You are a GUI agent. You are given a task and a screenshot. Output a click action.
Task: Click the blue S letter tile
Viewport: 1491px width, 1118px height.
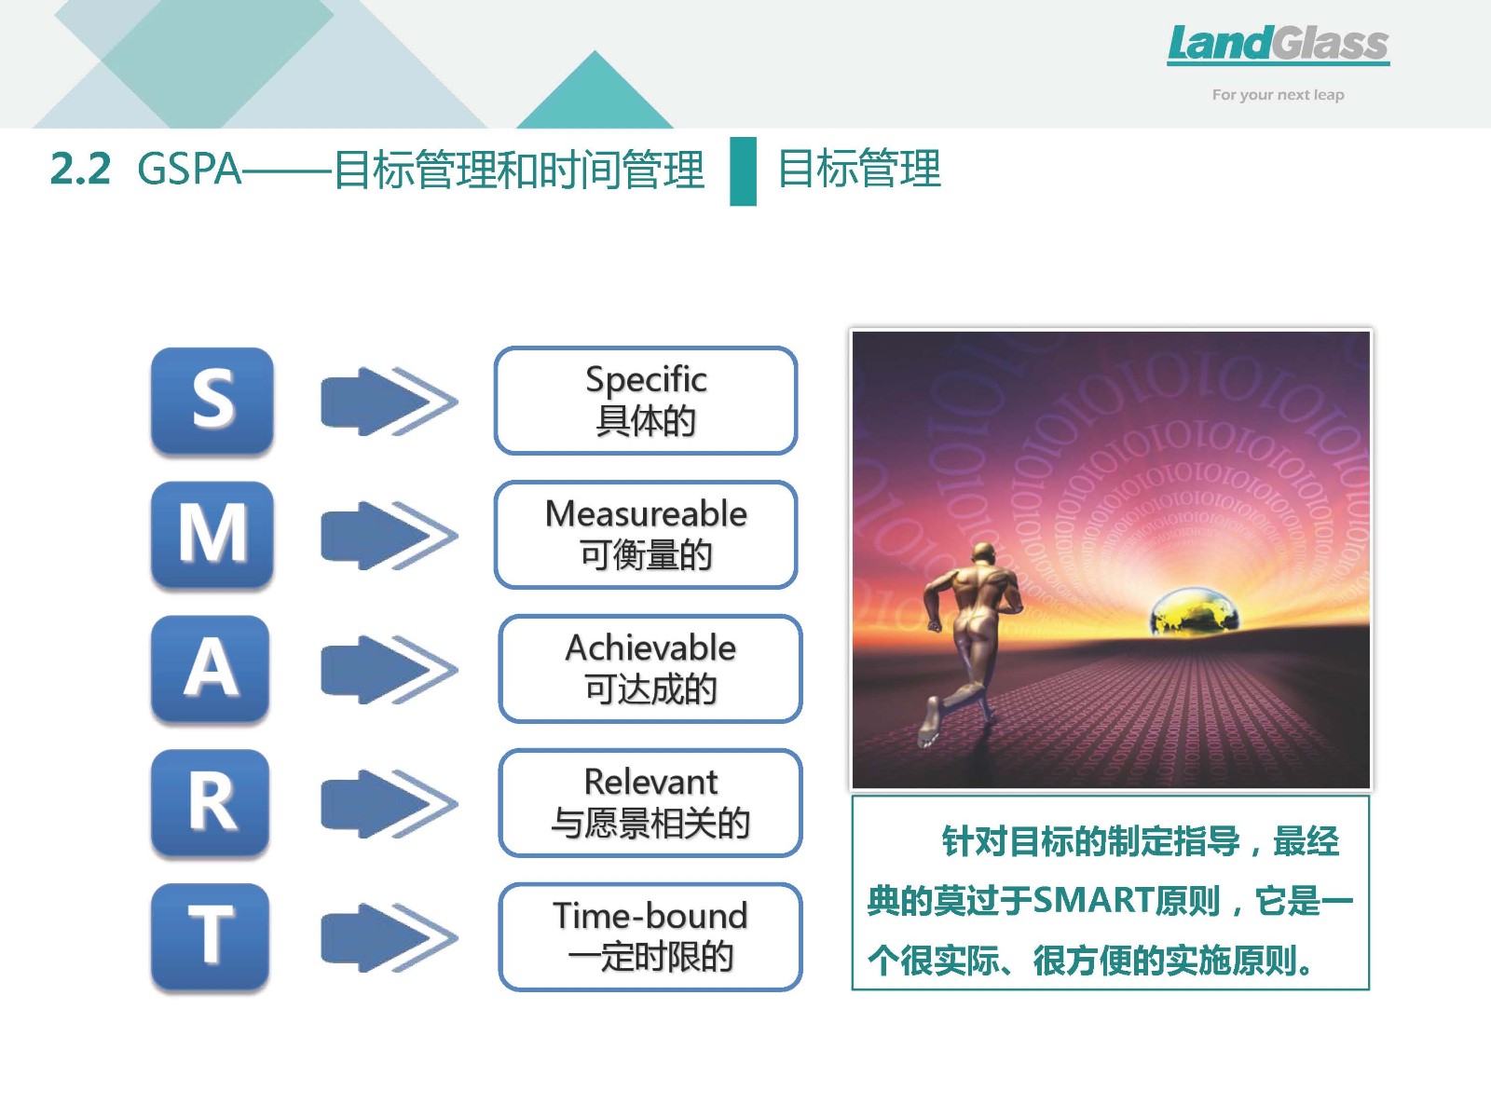212,401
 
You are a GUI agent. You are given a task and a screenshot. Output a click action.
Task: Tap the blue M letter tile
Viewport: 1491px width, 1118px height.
212,534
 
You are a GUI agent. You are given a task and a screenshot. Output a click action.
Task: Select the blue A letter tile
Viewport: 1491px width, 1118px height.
211,668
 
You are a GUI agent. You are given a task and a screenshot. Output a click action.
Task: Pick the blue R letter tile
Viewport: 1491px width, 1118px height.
211,802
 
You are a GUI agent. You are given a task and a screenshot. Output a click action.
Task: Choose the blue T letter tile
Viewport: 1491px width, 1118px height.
211,936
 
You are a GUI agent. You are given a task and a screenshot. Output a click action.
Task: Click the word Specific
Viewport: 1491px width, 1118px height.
646,380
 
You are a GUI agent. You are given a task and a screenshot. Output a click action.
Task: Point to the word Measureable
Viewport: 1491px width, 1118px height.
646,514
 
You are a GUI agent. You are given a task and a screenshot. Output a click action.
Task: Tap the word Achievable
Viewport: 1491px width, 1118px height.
650,648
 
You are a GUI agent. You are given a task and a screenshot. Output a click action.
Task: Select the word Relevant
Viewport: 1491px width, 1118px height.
650,782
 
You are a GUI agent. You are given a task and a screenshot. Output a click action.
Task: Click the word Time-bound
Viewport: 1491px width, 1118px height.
650,916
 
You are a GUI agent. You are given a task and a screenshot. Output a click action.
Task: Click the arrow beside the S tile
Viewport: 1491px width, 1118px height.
390,402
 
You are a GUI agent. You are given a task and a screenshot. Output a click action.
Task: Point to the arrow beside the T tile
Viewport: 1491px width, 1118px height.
390,937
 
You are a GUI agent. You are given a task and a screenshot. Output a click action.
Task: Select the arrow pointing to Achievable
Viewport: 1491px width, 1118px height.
390,669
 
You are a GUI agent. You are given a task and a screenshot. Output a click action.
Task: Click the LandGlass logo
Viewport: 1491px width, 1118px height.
1279,45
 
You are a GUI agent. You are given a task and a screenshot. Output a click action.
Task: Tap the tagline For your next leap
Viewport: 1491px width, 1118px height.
1278,95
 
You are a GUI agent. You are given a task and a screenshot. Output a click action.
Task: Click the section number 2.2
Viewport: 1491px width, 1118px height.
80,169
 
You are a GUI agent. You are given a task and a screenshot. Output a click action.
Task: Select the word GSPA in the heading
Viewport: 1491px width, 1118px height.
189,169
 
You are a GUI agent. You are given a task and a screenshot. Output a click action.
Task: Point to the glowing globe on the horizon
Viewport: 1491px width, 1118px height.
1193,611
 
